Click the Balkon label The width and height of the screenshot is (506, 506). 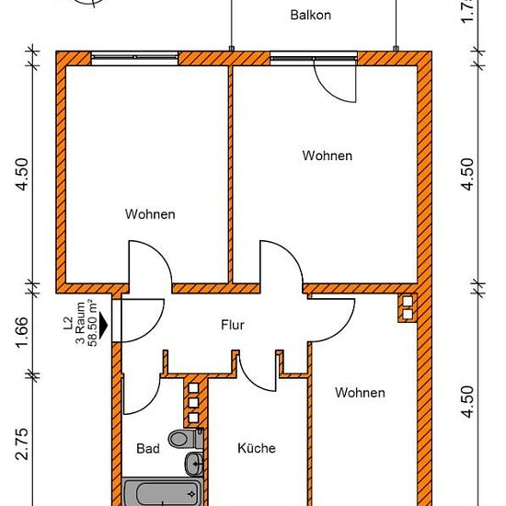[310, 15]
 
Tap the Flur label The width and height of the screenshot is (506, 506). [233, 325]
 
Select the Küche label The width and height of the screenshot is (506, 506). [257, 448]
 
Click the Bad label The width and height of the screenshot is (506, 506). [148, 448]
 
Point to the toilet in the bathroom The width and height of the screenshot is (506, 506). [186, 438]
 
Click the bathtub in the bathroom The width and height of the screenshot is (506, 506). [163, 493]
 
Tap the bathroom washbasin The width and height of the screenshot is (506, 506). [194, 464]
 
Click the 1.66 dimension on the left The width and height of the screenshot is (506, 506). [22, 332]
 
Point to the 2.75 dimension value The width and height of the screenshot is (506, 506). [22, 444]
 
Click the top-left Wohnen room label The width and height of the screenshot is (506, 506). [150, 214]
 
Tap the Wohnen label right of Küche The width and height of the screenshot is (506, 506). [360, 393]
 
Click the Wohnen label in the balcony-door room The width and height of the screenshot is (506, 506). [328, 155]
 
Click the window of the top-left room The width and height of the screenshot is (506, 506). [134, 58]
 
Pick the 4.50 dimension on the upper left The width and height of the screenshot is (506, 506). [22, 174]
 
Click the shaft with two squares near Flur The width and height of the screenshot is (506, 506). [408, 308]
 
